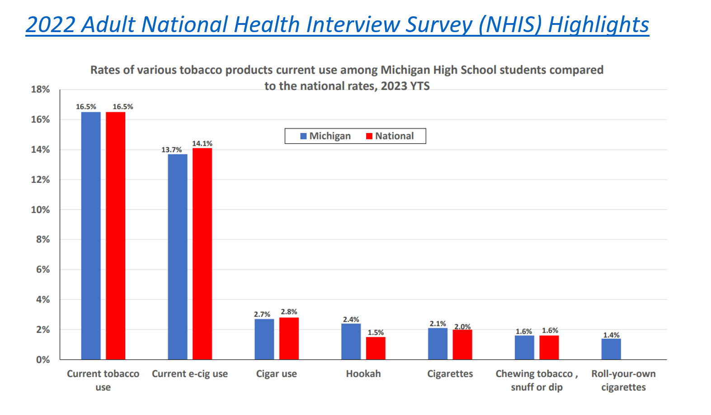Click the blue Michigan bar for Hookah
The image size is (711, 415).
point(351,342)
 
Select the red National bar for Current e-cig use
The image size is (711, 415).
point(202,253)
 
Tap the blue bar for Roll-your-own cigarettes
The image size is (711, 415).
point(611,349)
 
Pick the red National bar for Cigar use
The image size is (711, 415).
point(289,339)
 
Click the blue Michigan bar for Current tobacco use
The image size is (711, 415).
point(91,235)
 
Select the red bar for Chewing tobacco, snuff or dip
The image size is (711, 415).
point(549,348)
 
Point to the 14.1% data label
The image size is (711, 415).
point(202,143)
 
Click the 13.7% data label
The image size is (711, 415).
point(172,150)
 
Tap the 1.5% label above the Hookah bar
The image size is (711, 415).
point(376,333)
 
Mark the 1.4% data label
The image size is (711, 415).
point(611,335)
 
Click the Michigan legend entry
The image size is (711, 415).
point(325,136)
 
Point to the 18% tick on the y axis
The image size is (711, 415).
point(40,90)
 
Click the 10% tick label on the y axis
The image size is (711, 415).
point(40,210)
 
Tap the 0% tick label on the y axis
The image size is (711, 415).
point(43,360)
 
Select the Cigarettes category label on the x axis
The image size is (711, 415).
point(450,374)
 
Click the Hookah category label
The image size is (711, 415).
point(363,374)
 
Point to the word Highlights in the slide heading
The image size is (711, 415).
point(598,24)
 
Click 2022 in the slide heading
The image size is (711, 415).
point(50,24)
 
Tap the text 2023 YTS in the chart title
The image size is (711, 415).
point(405,86)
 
